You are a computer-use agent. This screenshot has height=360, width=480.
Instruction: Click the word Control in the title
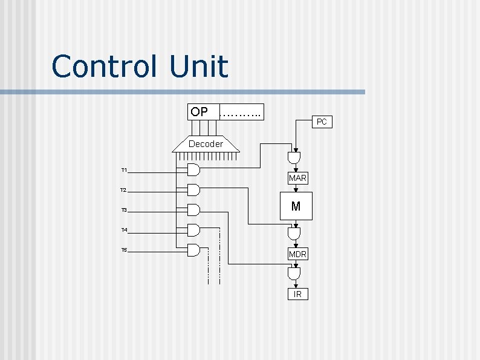click(x=104, y=67)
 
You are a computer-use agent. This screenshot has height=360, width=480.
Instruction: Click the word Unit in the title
click(x=199, y=67)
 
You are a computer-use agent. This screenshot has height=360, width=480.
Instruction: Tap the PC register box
click(x=322, y=122)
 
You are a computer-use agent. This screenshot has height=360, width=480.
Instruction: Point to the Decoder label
click(x=206, y=144)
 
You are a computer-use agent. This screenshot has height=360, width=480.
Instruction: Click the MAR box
click(x=297, y=178)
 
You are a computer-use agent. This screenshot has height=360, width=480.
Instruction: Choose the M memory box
click(x=296, y=206)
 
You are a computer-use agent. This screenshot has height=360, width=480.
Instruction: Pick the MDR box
click(x=297, y=254)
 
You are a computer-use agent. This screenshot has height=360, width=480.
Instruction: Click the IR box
click(x=297, y=294)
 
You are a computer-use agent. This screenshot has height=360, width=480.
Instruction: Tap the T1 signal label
click(x=124, y=170)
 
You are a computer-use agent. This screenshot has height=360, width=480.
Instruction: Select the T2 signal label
click(x=123, y=190)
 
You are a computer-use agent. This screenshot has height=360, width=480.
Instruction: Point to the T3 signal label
click(x=124, y=210)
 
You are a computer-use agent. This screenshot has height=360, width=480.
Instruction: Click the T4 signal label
click(x=124, y=230)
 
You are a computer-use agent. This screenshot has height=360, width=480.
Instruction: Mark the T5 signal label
click(x=124, y=250)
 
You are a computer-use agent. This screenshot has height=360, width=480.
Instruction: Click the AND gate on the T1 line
click(x=193, y=169)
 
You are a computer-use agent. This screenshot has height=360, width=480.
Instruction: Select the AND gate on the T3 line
click(x=193, y=210)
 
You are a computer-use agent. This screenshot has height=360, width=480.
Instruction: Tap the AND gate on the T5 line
click(x=193, y=250)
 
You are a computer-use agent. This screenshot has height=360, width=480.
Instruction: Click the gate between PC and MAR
click(x=294, y=158)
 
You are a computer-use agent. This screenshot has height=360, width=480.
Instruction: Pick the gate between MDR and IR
click(x=294, y=275)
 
